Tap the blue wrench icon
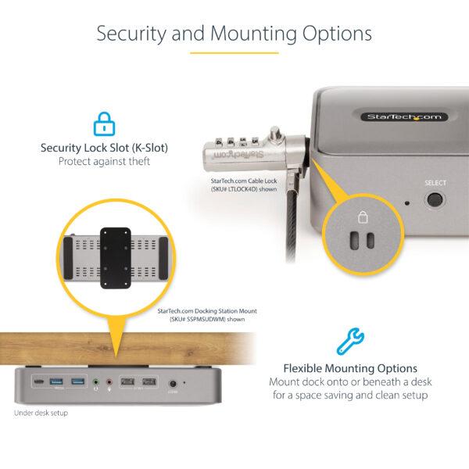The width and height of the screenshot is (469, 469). click(349, 342)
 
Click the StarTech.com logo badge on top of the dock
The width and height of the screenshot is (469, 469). click(404, 116)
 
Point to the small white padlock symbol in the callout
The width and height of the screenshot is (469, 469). click(362, 217)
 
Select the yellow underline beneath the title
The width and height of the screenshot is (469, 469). click(234, 52)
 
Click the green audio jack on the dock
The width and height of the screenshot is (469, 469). click(95, 382)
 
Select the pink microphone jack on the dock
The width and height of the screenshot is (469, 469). click(109, 382)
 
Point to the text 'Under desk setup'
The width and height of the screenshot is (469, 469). click(41, 412)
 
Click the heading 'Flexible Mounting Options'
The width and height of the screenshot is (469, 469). click(349, 368)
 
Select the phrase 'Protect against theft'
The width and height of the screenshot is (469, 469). click(103, 162)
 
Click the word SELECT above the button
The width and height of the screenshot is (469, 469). click(435, 183)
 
